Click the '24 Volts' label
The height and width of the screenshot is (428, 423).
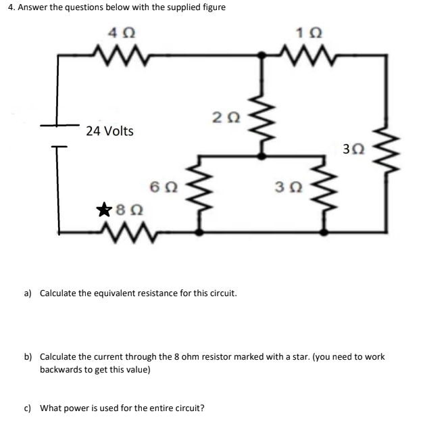coord(109,130)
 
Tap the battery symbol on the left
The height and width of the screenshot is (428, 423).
coord(57,135)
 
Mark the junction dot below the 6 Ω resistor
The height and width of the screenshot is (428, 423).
coord(199,231)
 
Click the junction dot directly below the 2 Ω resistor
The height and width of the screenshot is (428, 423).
coord(263,155)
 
